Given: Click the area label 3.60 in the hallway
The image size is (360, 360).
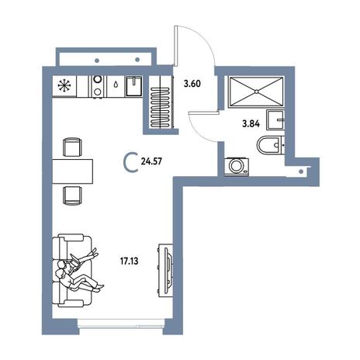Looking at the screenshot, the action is click(x=192, y=84).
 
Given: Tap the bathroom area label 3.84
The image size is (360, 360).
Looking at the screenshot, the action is click(x=251, y=124).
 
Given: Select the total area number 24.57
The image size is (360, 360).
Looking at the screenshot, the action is click(x=151, y=161).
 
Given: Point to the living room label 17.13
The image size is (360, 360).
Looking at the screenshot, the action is click(x=130, y=261).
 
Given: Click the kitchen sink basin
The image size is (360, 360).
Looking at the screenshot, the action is click(x=134, y=86).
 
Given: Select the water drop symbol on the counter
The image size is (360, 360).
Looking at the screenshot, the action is click(x=116, y=85).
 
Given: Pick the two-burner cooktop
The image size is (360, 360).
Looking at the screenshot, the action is click(x=98, y=86).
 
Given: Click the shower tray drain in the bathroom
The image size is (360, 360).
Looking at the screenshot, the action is click(x=256, y=92).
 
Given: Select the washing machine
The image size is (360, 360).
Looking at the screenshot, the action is click(x=237, y=167).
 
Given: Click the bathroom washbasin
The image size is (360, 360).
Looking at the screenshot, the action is click(x=275, y=119).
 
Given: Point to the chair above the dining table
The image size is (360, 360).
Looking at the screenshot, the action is click(x=73, y=147).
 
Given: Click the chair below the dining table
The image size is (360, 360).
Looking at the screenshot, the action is click(x=73, y=196).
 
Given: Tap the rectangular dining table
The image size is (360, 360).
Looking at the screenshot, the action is click(x=73, y=171).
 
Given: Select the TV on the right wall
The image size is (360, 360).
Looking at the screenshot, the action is click(x=167, y=269).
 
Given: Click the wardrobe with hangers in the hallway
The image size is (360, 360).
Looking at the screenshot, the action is click(x=161, y=102).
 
